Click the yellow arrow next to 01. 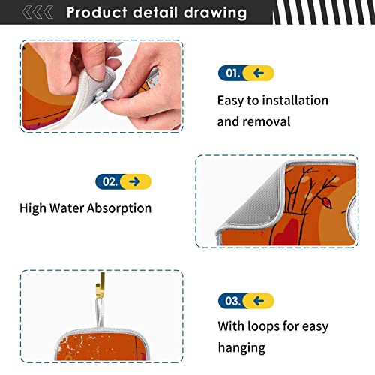click(259, 73)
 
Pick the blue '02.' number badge click(109, 181)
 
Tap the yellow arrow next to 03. click(259, 301)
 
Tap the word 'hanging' click(241, 347)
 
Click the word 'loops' click(265, 326)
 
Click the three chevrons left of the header click(40, 13)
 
